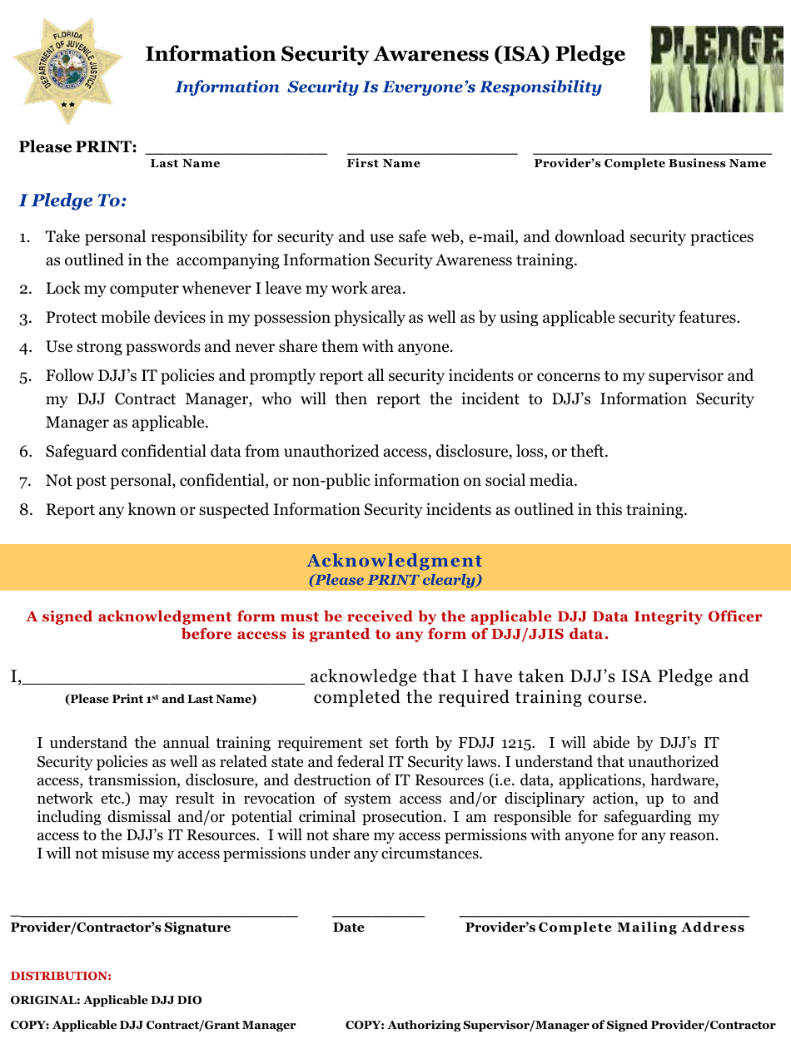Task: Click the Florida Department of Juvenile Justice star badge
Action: click(x=67, y=70)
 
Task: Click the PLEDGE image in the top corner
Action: click(x=717, y=68)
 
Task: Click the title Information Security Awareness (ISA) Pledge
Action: click(x=385, y=55)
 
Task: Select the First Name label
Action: click(x=383, y=164)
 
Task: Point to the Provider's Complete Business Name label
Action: click(x=649, y=164)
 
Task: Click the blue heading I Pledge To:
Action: click(x=72, y=201)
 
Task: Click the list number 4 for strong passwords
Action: click(x=26, y=348)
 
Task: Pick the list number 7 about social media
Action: click(x=26, y=482)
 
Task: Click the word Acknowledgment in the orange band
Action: click(x=395, y=561)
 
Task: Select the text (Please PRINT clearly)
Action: click(x=395, y=580)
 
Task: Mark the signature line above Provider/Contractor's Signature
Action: click(x=154, y=914)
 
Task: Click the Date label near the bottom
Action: click(x=348, y=928)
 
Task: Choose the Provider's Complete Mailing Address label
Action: click(x=604, y=928)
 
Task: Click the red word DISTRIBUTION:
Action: click(x=61, y=976)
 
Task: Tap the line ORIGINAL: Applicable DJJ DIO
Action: click(x=106, y=1001)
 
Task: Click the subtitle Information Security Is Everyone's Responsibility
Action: click(x=388, y=87)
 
